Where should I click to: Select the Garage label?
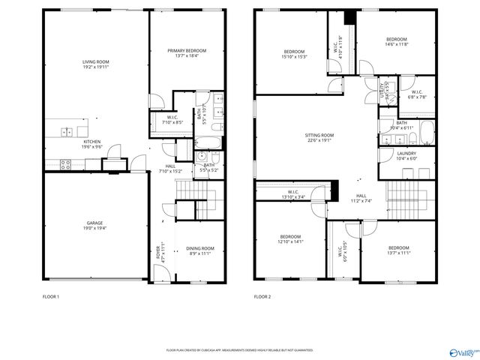pyautogui.click(x=94, y=223)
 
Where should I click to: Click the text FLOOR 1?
pyautogui.click(x=52, y=297)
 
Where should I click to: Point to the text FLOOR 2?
pyautogui.click(x=262, y=297)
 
